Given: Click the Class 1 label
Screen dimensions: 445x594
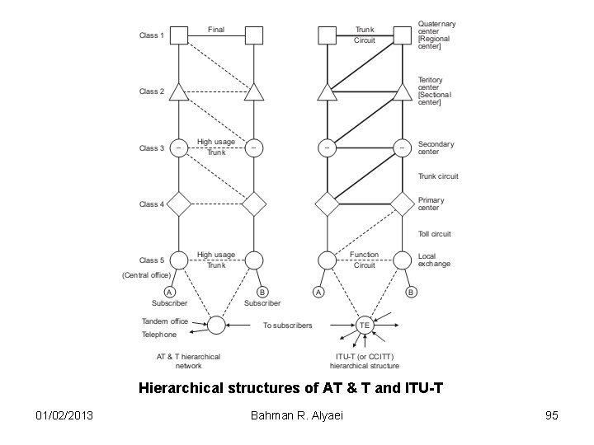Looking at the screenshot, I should [x=151, y=35].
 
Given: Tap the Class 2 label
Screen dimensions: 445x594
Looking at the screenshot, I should [x=151, y=91].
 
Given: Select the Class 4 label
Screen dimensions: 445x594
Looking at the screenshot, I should [x=151, y=204].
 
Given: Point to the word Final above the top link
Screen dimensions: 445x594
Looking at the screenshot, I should [x=216, y=30].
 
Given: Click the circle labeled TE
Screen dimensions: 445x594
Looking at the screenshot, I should [x=365, y=326].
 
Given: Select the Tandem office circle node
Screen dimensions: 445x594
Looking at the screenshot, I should [x=216, y=326].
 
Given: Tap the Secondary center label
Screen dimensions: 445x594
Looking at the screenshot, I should [x=436, y=148].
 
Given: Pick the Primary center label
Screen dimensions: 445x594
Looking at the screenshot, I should [x=431, y=204].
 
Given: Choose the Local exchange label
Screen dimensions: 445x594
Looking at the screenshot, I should [x=434, y=260].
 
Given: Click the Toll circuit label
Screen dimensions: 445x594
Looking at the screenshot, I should [x=435, y=234].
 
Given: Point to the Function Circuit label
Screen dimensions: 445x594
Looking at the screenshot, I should [x=365, y=260].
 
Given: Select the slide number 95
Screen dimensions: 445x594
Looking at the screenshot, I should [x=550, y=415].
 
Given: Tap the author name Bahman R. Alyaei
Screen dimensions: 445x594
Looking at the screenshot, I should [x=297, y=415].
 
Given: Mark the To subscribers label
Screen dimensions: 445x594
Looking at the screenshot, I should [x=288, y=326].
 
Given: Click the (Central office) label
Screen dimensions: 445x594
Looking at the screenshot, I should [x=146, y=274].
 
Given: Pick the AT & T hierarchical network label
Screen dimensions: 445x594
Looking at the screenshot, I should [x=189, y=361].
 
